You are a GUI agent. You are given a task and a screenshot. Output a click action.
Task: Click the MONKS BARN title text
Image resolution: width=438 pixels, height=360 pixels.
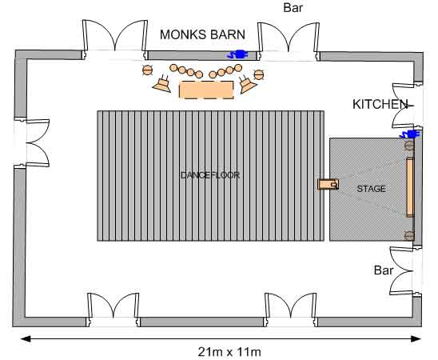click(202, 34)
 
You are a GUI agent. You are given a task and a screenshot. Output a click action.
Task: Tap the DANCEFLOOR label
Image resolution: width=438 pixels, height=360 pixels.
click(210, 175)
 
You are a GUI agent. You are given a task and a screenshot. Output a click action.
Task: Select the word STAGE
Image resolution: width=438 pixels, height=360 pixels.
click(371, 189)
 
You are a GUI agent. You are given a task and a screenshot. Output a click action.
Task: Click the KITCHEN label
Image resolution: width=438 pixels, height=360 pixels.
click(380, 104)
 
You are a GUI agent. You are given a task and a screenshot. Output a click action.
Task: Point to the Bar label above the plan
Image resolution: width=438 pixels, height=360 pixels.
click(293, 8)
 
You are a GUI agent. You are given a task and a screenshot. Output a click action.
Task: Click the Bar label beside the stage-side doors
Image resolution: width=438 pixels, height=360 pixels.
click(384, 270)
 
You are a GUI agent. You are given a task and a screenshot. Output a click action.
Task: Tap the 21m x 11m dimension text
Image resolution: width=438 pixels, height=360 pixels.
click(229, 352)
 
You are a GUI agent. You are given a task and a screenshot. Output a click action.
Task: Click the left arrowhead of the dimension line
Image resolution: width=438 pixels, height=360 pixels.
click(26, 339)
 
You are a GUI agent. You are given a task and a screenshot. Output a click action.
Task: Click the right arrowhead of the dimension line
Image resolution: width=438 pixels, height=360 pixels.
click(416, 339)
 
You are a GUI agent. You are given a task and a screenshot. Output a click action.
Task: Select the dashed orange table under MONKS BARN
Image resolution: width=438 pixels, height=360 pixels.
click(206, 90)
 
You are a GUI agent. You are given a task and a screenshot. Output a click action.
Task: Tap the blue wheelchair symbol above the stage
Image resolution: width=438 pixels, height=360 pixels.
click(410, 134)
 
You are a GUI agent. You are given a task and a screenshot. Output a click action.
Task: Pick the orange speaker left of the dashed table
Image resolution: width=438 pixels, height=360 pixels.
click(162, 84)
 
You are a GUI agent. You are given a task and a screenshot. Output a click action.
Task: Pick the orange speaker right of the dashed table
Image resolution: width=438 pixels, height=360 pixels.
click(247, 83)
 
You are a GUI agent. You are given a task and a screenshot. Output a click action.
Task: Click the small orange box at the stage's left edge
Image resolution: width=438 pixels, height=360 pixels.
click(328, 185)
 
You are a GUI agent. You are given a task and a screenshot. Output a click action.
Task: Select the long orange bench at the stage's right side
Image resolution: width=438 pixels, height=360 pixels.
click(410, 187)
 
